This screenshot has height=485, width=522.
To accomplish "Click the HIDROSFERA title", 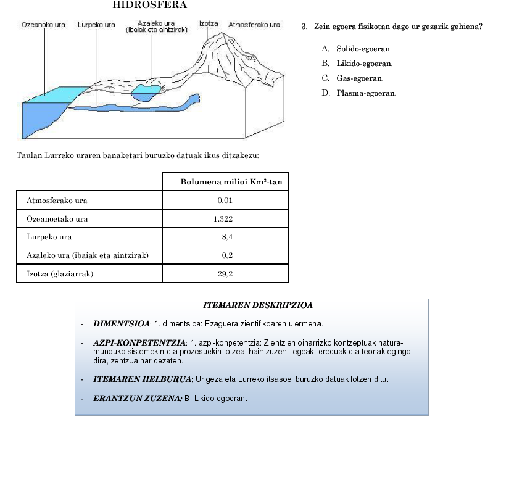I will coord(150,5).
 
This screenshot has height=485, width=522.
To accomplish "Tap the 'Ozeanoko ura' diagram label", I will coord(43,25).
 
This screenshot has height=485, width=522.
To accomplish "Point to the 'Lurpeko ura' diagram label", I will coord(96,25).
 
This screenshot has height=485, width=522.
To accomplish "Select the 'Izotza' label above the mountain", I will coord(209,23).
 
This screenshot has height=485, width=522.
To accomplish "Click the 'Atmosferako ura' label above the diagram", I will coord(254,25).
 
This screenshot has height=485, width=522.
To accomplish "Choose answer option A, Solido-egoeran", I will coord(363,48).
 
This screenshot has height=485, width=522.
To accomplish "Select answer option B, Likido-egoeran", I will coord(364,63).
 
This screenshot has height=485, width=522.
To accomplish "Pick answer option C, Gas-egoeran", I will coord(360,78).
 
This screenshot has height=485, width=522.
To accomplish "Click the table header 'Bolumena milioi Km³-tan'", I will coord(231,181).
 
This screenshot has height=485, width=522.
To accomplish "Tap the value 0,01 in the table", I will coord(225,201).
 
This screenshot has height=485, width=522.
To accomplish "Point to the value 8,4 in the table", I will coord(226,237).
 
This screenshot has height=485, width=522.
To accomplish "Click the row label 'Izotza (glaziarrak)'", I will coord(60,273).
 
